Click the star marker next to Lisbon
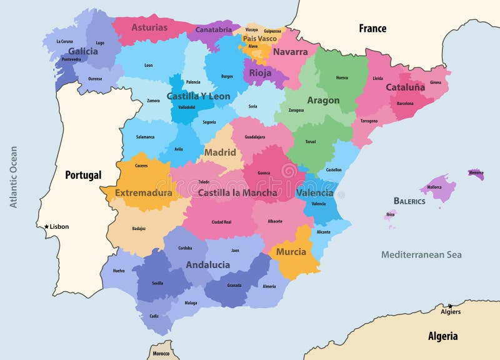tap(46, 227)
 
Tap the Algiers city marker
tap(449, 306)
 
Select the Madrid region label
tap(220, 152)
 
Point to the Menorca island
tap(476, 173)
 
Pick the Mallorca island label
tap(434, 187)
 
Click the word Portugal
tap(83, 175)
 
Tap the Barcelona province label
tap(405, 104)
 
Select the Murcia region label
tap(291, 252)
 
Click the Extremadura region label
tap(143, 192)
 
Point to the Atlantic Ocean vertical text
tap(13, 177)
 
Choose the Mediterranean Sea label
tap(421, 254)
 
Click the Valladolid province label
tap(186, 107)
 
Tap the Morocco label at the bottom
tap(161, 354)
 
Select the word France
tap(372, 28)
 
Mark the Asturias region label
tap(149, 27)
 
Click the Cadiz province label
tap(154, 316)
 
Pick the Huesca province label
tap(342, 78)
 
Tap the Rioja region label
tap(260, 72)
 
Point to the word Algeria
tap(442, 336)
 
